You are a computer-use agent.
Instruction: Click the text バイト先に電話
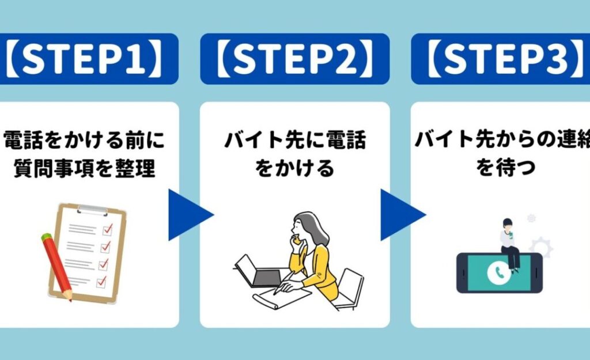click(x=294, y=141)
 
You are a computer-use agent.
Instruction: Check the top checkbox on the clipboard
click(x=107, y=230)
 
